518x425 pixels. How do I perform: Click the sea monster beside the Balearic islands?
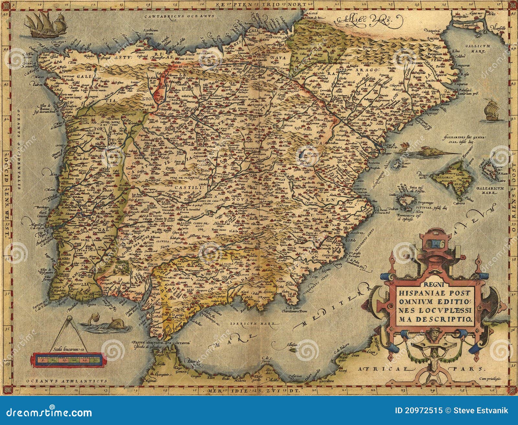pyautogui.click(x=427, y=150)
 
